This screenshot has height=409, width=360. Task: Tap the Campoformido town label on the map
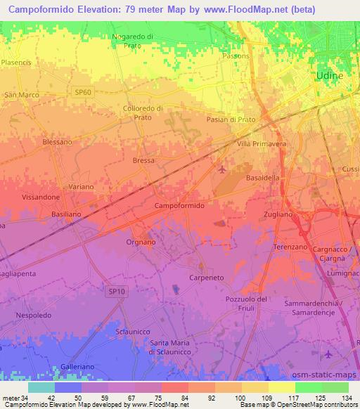point(179,206)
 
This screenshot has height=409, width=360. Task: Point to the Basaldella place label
point(263,178)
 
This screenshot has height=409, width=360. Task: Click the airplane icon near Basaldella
point(223,169)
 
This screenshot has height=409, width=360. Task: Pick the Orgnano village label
point(140,242)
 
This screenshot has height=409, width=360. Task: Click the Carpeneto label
point(207,278)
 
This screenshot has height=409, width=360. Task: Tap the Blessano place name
point(58,141)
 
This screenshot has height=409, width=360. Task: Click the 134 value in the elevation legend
point(347,398)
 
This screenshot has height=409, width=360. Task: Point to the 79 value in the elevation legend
point(149,398)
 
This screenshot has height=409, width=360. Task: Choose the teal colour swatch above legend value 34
point(41,387)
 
